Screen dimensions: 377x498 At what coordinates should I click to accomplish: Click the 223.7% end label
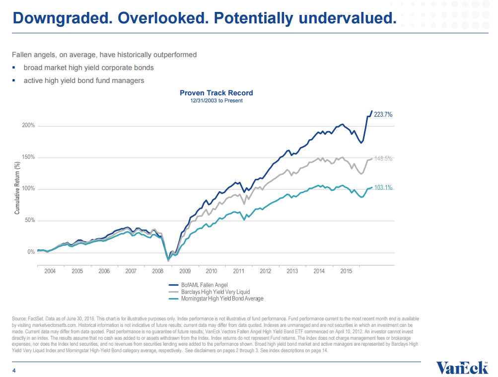pos(383,114)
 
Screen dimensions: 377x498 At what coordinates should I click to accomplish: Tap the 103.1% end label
pos(383,188)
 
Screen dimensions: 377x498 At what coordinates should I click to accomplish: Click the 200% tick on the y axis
pos(28,126)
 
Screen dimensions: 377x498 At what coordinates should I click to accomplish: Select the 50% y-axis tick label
pos(29,221)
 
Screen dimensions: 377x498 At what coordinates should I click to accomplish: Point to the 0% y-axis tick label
pos(31,252)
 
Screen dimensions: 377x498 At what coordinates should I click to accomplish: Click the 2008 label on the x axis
pos(157,271)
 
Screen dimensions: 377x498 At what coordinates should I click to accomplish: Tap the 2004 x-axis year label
pos(50,271)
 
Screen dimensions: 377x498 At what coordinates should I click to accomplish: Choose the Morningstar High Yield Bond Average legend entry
pos(222,299)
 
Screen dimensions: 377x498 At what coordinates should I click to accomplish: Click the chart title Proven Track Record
pos(216,93)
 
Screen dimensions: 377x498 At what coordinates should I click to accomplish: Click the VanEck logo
pos(462,368)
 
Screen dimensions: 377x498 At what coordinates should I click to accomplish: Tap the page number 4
pos(14,370)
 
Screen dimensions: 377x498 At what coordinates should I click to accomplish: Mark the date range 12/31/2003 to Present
pos(216,100)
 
